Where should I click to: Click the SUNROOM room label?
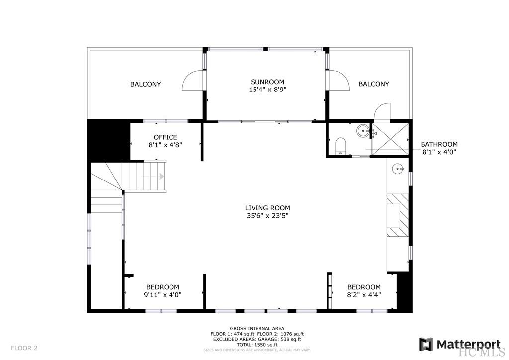pos(267,82)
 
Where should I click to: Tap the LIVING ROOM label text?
pos(267,208)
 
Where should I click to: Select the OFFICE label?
pos(165,137)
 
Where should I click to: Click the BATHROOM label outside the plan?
pos(439,144)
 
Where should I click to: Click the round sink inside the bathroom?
pos(362,132)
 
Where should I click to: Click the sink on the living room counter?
pos(398,169)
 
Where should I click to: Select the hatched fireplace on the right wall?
pos(398,215)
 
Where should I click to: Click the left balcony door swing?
pos(193,81)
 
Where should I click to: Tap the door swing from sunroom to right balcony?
pos(339,81)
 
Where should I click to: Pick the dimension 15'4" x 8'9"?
pos(267,90)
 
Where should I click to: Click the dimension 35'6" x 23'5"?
pos(267,216)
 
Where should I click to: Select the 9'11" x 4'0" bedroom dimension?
pos(163,295)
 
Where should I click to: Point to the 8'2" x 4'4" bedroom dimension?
pos(364,295)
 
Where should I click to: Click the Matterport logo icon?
pos(425,344)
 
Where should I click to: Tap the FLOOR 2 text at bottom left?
pos(24,348)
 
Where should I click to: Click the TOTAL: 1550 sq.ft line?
pos(257,344)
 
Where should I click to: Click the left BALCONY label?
pos(145,84)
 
